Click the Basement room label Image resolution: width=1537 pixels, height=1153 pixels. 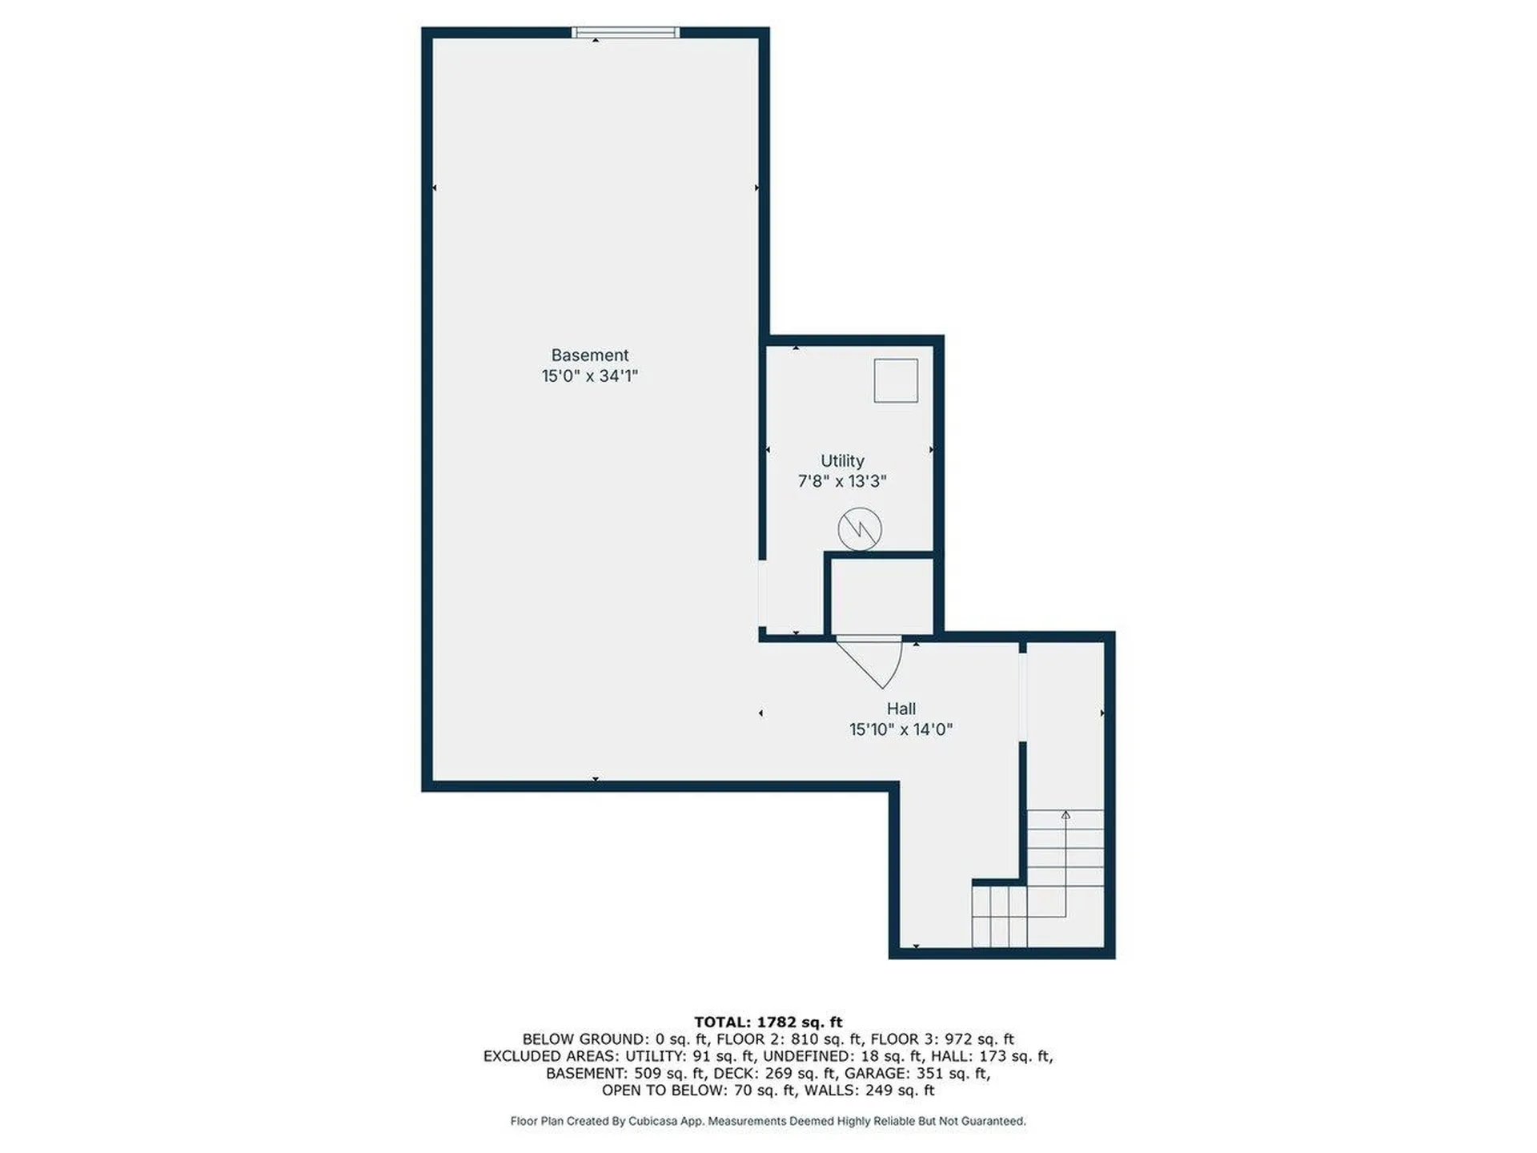(589, 355)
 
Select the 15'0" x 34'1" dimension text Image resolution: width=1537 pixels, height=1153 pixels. (589, 376)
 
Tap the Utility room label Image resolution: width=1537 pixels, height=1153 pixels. (841, 460)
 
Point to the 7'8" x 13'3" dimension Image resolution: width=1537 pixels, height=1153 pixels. (841, 481)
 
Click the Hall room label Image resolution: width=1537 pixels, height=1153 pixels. (901, 709)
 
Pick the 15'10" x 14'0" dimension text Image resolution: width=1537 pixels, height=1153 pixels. (901, 729)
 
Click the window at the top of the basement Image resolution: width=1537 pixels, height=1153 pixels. (625, 33)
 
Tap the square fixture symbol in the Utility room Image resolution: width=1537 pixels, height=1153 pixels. (895, 380)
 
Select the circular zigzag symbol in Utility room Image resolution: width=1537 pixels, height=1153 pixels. (860, 528)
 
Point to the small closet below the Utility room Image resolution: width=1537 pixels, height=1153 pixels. (881, 596)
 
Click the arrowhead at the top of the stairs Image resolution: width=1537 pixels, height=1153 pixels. (1065, 815)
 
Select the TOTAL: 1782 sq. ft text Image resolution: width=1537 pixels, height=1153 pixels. (768, 1022)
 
